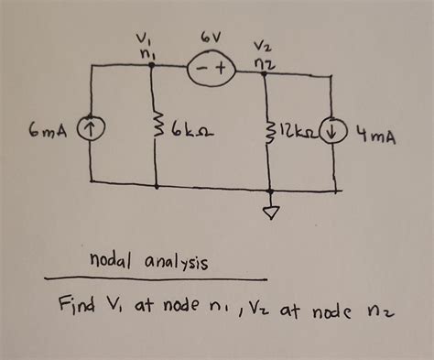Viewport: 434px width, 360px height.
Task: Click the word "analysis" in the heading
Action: [x=174, y=264]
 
